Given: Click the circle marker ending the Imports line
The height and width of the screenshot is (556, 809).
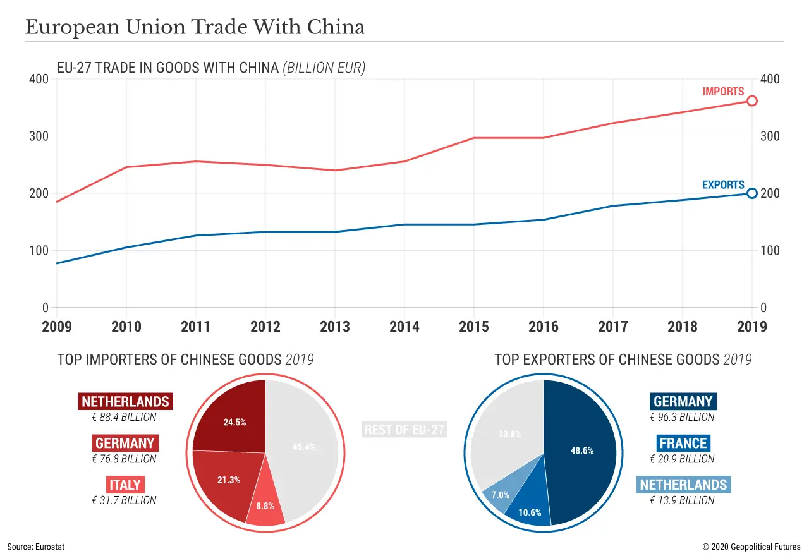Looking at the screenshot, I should pos(751,101).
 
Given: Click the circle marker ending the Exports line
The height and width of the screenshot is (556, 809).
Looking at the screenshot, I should pos(751,193).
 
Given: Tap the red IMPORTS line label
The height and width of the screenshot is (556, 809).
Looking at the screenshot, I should pos(723,92).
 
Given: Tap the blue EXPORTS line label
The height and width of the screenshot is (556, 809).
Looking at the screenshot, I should pos(723,184).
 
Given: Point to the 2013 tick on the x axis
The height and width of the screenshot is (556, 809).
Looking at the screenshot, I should pos(335,326).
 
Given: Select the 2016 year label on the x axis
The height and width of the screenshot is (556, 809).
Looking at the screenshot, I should pos(544,326).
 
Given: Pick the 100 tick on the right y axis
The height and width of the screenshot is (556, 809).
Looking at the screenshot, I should pos(770,251).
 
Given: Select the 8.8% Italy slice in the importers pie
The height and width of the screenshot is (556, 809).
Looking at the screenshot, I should pos(265,509).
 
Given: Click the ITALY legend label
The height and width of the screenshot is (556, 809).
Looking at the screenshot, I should pos(125,485).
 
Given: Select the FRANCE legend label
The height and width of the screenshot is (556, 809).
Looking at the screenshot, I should pos(683,443).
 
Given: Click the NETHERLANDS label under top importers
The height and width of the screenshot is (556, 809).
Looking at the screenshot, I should pos(125,401).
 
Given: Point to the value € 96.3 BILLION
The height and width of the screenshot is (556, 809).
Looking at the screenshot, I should pos(683,417).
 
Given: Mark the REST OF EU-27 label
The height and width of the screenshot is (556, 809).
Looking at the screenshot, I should pos(404,430).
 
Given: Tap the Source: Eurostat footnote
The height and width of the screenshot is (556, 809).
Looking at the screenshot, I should pos(36,547).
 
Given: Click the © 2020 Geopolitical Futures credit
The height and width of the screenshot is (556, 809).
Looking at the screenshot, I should pos(751,547).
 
